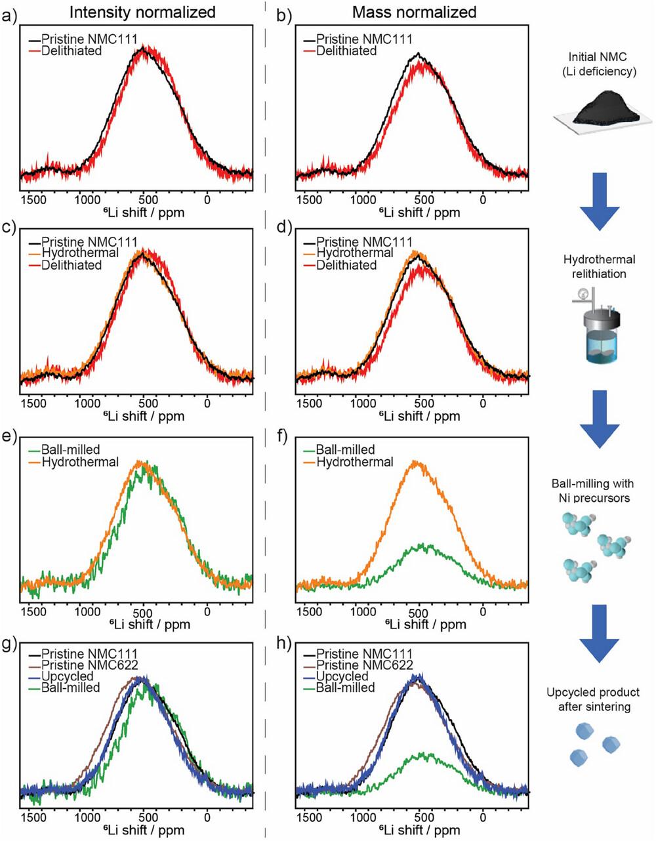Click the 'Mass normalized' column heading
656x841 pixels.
tap(414, 12)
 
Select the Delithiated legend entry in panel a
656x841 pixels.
tap(72, 51)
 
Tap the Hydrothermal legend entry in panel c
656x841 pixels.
tap(80, 253)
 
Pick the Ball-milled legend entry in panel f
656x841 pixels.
tap(346, 450)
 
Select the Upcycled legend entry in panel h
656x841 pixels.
tap(342, 676)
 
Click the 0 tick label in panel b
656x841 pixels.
tap(483, 199)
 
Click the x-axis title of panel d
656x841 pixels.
tap(420, 416)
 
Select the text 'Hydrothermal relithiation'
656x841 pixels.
tap(599, 266)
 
